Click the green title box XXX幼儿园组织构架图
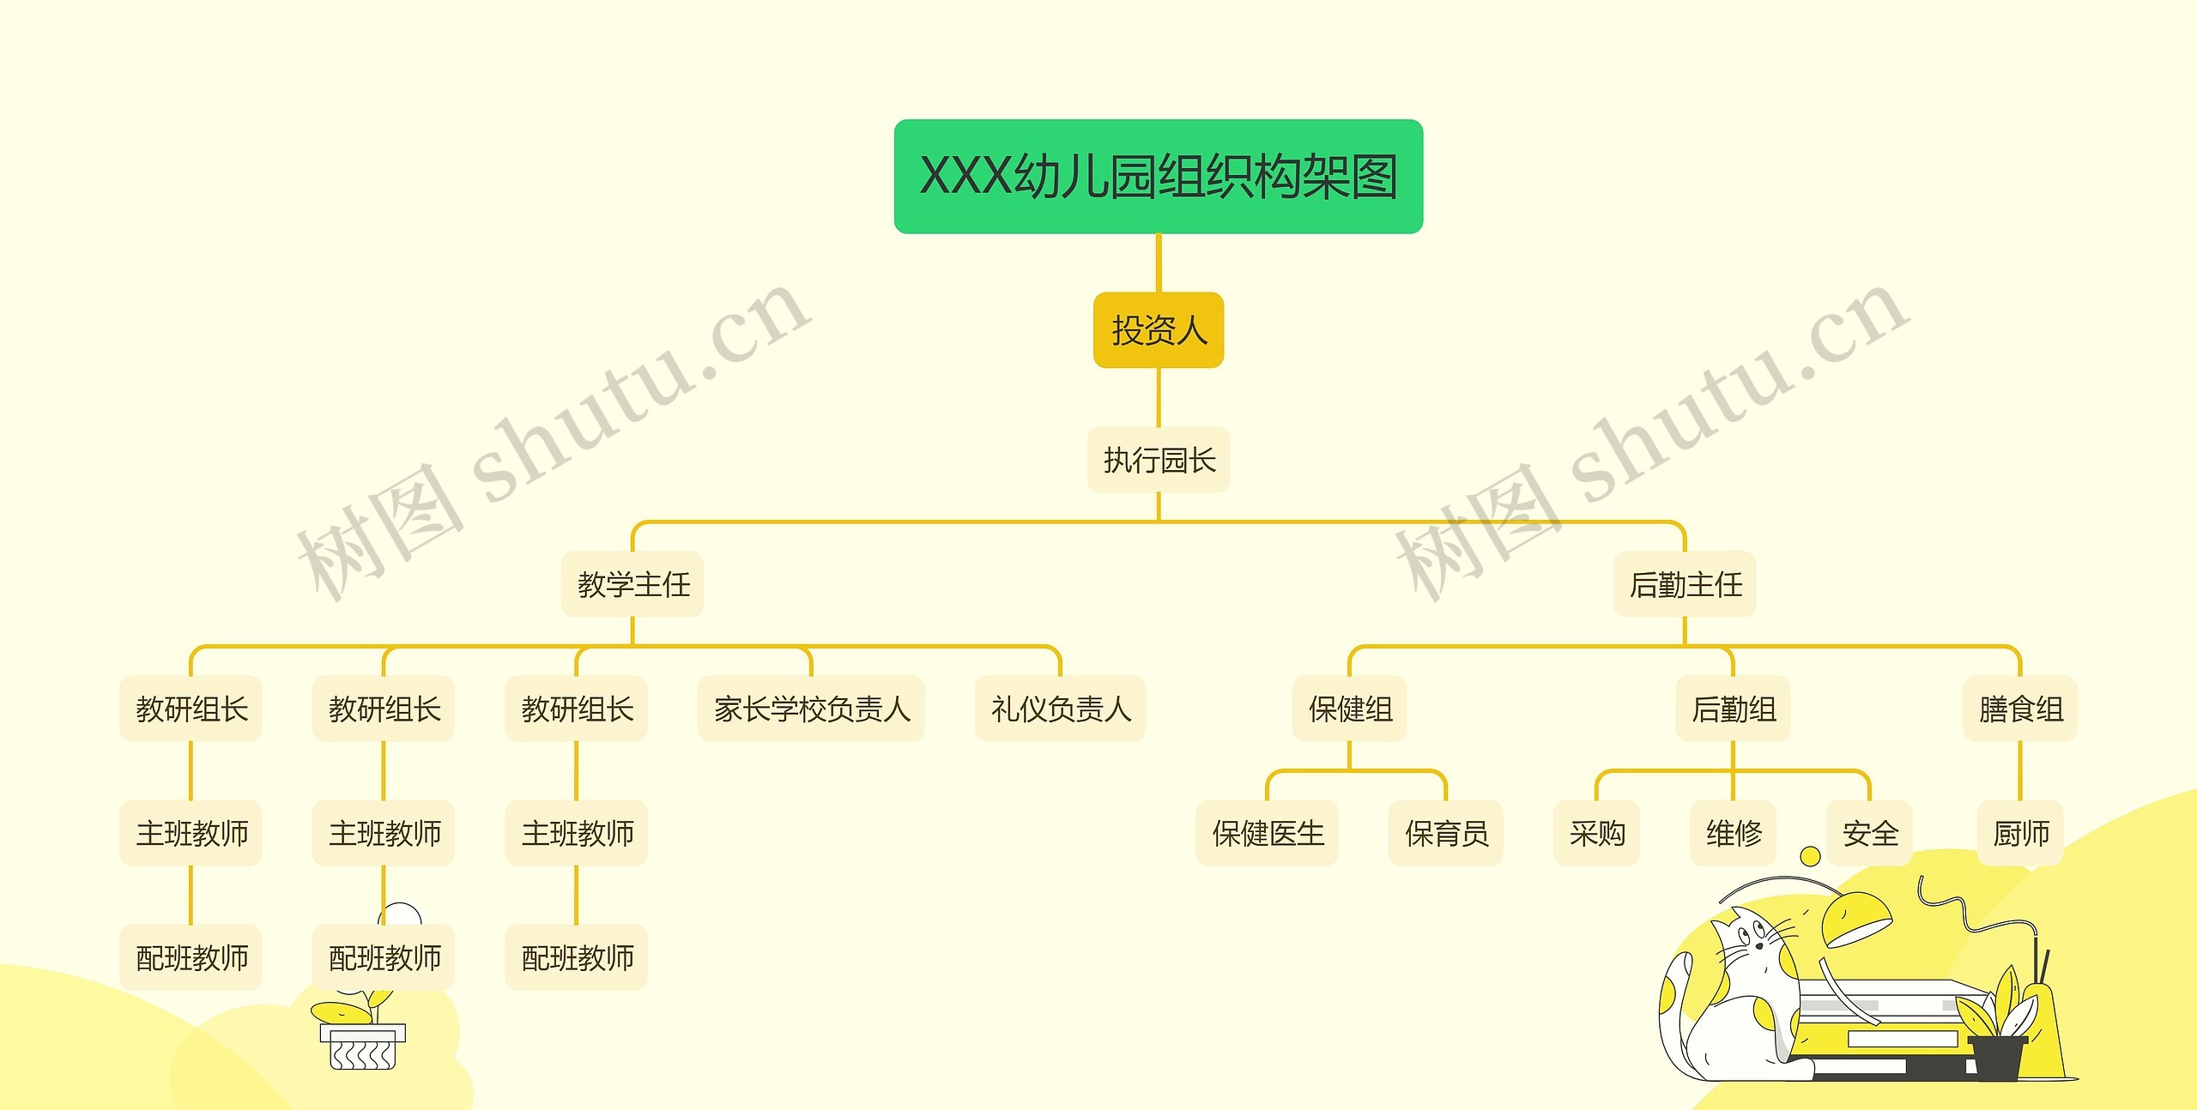point(1159,177)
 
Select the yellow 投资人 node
point(1159,330)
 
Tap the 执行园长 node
point(1159,460)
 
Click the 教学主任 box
point(633,584)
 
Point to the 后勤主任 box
point(1685,584)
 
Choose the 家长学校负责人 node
point(811,709)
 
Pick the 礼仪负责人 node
point(1060,709)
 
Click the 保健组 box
point(1350,709)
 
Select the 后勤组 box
point(1733,709)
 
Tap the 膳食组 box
point(2020,709)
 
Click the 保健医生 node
point(1268,833)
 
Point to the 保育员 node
point(1446,833)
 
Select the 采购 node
point(1596,833)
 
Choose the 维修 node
point(1733,833)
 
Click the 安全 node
point(1869,833)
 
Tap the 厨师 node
point(2020,833)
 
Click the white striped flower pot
point(363,1047)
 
